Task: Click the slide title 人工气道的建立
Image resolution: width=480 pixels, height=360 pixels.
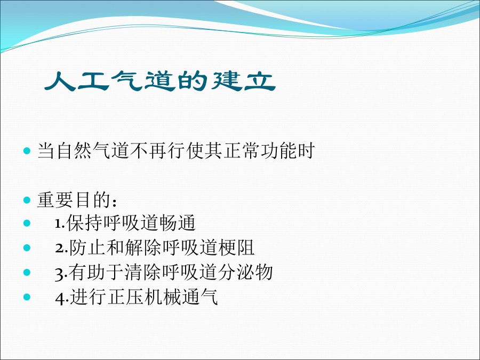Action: click(x=160, y=81)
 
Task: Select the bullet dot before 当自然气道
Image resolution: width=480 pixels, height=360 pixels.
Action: click(x=27, y=150)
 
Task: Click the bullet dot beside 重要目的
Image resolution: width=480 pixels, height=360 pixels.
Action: click(x=27, y=200)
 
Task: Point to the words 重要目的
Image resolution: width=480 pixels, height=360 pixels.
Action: click(x=74, y=200)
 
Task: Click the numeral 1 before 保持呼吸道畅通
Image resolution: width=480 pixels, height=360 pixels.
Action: click(x=58, y=224)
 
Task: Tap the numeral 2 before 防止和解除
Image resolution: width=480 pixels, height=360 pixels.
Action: click(x=59, y=248)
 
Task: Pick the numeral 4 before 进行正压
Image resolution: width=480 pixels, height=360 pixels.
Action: click(x=60, y=298)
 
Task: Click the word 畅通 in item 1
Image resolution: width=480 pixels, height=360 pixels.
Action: click(x=177, y=222)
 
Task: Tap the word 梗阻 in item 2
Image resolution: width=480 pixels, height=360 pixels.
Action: click(x=236, y=247)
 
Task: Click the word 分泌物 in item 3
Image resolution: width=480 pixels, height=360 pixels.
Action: click(x=245, y=272)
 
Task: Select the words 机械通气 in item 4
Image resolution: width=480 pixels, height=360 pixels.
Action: click(x=181, y=297)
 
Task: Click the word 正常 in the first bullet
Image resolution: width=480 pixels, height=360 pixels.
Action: click(x=242, y=150)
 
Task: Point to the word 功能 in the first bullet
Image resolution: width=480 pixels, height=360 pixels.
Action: click(x=278, y=150)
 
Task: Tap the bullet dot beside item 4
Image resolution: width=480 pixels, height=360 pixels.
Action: click(x=27, y=297)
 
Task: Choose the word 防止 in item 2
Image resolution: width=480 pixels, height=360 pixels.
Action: click(x=87, y=247)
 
